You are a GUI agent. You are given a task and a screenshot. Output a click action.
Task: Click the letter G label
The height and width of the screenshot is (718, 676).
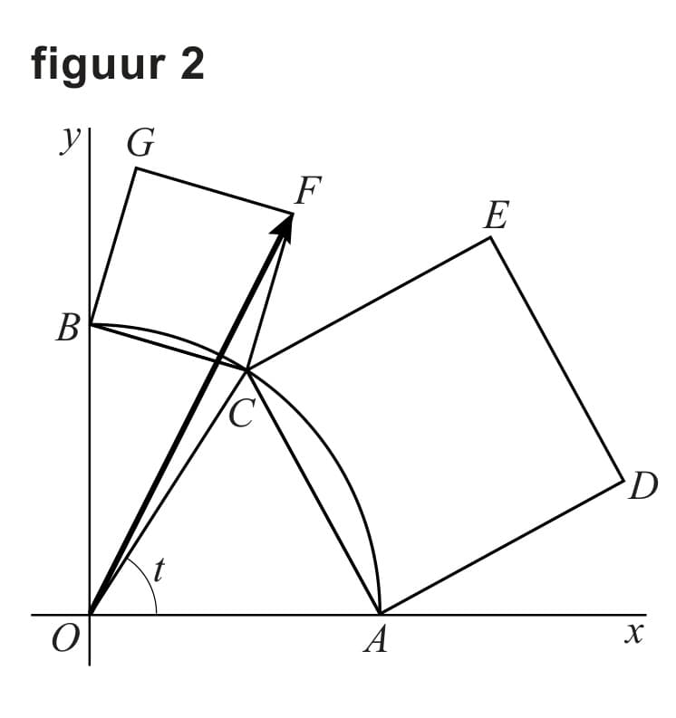point(141,143)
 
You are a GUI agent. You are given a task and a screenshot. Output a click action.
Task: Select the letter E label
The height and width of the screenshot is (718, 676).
point(496,216)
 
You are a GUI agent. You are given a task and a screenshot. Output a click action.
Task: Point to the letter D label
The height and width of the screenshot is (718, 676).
point(642,489)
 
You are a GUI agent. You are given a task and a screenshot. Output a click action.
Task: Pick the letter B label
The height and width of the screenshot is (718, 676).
point(67,329)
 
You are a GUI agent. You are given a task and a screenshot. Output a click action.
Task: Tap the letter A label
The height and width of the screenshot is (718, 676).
point(375,641)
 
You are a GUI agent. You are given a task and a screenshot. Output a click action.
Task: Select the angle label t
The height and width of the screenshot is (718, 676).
point(159,569)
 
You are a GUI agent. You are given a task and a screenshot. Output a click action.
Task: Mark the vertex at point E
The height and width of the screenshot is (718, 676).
point(490,237)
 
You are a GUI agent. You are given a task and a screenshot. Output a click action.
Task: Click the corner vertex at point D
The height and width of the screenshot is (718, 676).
point(624,479)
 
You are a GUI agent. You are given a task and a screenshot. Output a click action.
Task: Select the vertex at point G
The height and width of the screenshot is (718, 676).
point(136,168)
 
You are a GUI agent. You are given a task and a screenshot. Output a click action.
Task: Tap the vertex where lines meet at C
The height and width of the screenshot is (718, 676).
point(247,369)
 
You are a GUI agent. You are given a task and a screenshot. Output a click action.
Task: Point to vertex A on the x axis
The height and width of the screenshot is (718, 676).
point(380,614)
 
